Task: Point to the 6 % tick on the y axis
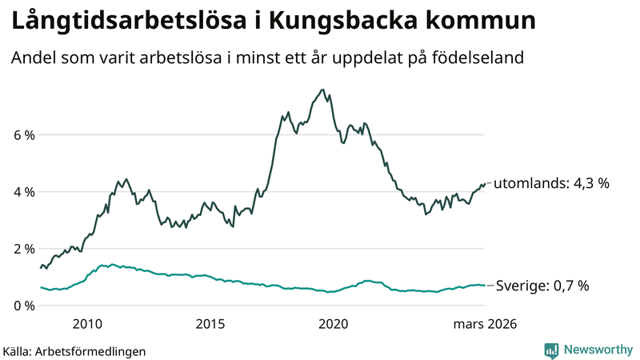pyautogui.click(x=23, y=135)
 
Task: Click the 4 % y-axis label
pyautogui.click(x=23, y=192)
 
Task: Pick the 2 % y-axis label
pyautogui.click(x=23, y=249)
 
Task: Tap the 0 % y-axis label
pyautogui.click(x=23, y=306)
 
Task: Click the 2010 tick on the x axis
pyautogui.click(x=87, y=324)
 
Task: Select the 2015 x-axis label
pyautogui.click(x=210, y=324)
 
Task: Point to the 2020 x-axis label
pyautogui.click(x=334, y=324)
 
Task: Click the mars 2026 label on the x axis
pyautogui.click(x=484, y=324)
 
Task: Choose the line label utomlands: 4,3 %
pyautogui.click(x=551, y=183)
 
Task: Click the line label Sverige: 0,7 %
pyautogui.click(x=543, y=286)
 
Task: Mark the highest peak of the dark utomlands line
pyautogui.click(x=322, y=90)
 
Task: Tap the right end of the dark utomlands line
pyautogui.click(x=485, y=183)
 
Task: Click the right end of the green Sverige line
pyautogui.click(x=485, y=286)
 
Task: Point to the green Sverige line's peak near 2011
pyautogui.click(x=111, y=264)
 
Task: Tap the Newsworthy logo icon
pyautogui.click(x=552, y=350)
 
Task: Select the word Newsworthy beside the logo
pyautogui.click(x=598, y=350)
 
